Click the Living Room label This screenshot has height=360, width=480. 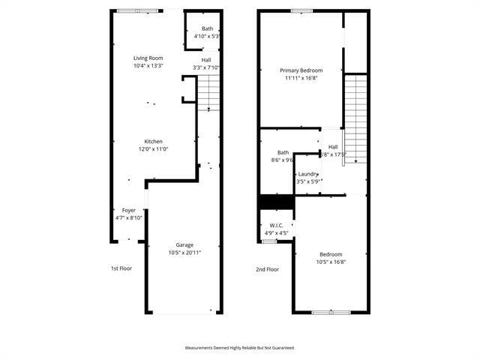click(x=148, y=58)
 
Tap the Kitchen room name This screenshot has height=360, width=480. click(x=154, y=141)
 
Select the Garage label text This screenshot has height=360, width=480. click(x=184, y=244)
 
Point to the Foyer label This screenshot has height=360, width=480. click(x=128, y=210)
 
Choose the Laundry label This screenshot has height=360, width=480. click(x=308, y=173)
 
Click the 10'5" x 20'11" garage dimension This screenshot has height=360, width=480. click(x=184, y=253)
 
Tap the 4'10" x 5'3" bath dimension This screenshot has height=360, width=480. click(x=206, y=36)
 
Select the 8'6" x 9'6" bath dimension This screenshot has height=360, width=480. click(x=283, y=160)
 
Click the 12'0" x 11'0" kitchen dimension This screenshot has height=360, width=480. click(x=154, y=148)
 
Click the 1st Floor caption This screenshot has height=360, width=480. click(x=121, y=268)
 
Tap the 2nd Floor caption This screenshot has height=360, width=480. click(x=267, y=269)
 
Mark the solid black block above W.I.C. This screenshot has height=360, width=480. click(x=275, y=202)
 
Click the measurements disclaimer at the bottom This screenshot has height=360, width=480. click(x=240, y=347)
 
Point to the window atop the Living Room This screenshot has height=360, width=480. click(x=138, y=10)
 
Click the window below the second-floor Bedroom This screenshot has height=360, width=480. click(x=331, y=312)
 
